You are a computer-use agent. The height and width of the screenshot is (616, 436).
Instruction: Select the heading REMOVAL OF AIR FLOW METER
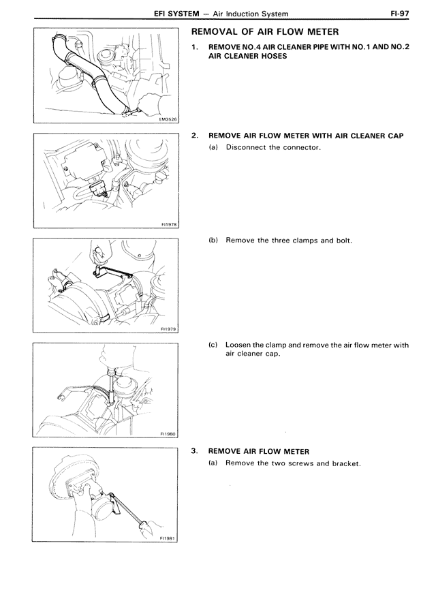[x=265, y=32]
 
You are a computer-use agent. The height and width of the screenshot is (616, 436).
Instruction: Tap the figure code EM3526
[x=168, y=119]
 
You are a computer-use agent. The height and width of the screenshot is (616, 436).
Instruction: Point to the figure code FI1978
[x=168, y=224]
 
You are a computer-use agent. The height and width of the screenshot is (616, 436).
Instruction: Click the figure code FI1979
[x=168, y=328]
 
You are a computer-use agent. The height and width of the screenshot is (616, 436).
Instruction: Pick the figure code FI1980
[x=168, y=433]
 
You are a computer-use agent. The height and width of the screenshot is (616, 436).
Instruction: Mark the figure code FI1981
[x=168, y=538]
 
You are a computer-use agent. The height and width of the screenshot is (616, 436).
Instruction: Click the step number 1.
[x=195, y=46]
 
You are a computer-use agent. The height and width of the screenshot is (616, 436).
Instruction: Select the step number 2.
[x=195, y=136]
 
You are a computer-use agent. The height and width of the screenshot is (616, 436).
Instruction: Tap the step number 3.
[x=195, y=451]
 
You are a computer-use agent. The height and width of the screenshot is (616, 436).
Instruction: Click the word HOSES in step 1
[x=273, y=56]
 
